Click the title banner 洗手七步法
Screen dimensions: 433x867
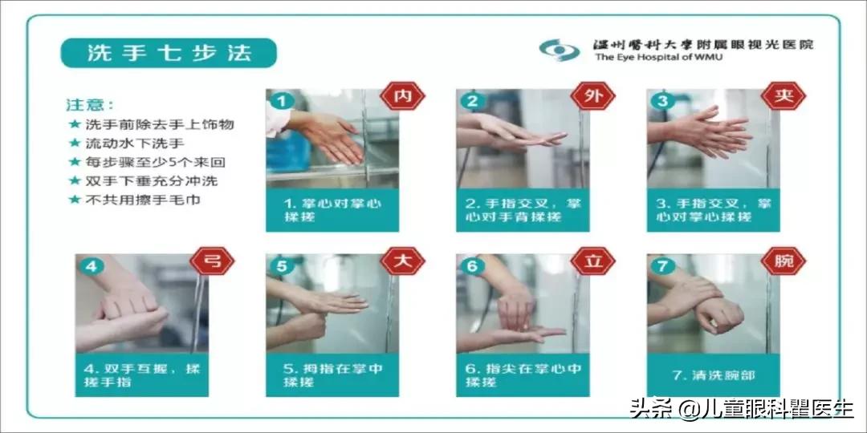[169, 54]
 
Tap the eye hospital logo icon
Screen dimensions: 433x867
[559, 50]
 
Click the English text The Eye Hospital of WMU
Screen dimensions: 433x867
[658, 58]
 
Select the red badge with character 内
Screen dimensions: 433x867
[403, 97]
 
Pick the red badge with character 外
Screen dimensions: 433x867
[592, 97]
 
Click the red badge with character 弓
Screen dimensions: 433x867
[212, 261]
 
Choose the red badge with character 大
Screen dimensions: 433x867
[403, 261]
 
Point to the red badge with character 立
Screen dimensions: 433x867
[592, 261]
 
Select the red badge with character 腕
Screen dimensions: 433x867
[783, 261]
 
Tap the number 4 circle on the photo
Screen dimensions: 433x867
[92, 266]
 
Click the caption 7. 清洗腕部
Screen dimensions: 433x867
[713, 374]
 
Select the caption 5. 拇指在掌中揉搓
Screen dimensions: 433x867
[332, 374]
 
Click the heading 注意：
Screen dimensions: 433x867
[90, 105]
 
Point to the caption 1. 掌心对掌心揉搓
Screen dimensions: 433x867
[332, 210]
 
